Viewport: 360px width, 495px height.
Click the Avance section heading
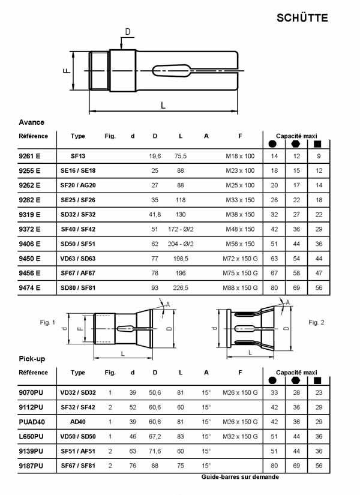tap(31, 122)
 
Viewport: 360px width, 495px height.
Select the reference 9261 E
tap(29, 156)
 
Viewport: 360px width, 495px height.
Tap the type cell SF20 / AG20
tap(78, 185)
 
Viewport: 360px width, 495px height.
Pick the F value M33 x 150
tap(240, 200)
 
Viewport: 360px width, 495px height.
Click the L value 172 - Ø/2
tap(181, 229)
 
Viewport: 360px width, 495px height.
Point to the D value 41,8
tap(155, 215)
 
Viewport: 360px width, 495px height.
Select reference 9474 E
tap(29, 287)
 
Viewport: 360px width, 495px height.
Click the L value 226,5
tap(181, 287)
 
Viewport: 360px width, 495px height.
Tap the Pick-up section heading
tap(32, 359)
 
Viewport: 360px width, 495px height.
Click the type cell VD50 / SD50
tap(78, 436)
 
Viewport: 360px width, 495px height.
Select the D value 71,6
tap(155, 451)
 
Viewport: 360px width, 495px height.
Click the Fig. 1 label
tap(47, 323)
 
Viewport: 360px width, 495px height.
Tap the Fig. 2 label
tap(316, 323)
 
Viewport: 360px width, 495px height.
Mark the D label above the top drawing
tap(127, 32)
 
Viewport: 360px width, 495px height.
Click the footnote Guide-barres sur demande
tap(240, 478)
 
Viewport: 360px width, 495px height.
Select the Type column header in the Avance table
tap(78, 136)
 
